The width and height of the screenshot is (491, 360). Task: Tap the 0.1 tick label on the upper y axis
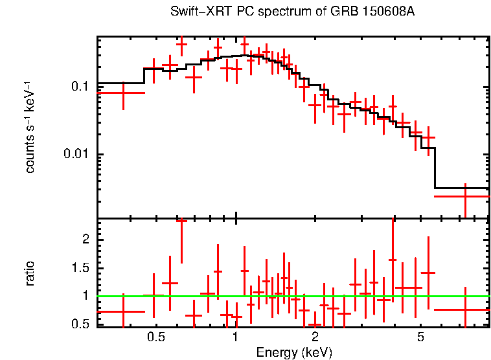[x=80, y=87]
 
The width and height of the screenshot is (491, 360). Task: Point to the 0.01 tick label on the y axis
[x=76, y=154]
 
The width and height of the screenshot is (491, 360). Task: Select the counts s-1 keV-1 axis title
[x=30, y=128]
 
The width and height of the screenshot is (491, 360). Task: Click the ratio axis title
[x=30, y=273]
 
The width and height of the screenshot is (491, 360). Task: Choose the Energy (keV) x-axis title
[x=294, y=352]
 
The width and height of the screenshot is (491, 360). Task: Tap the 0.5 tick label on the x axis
[x=155, y=337]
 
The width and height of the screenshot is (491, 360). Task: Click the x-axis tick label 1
[x=235, y=337]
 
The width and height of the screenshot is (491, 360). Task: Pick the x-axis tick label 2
[x=315, y=337]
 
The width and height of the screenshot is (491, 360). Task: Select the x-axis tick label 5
[x=420, y=337]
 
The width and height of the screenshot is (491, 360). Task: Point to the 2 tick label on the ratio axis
[x=84, y=240]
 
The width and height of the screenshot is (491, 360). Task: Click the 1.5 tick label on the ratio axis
[x=80, y=268]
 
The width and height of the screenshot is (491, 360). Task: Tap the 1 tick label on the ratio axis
[x=84, y=296]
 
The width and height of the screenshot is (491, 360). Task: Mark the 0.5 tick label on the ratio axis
[x=80, y=324]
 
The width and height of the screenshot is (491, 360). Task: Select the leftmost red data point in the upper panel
[x=122, y=93]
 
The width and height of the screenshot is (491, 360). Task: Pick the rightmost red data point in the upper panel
[x=465, y=196]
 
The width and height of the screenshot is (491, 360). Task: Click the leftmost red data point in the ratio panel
[x=122, y=311]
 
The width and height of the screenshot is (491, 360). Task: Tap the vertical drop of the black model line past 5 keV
[x=433, y=168]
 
